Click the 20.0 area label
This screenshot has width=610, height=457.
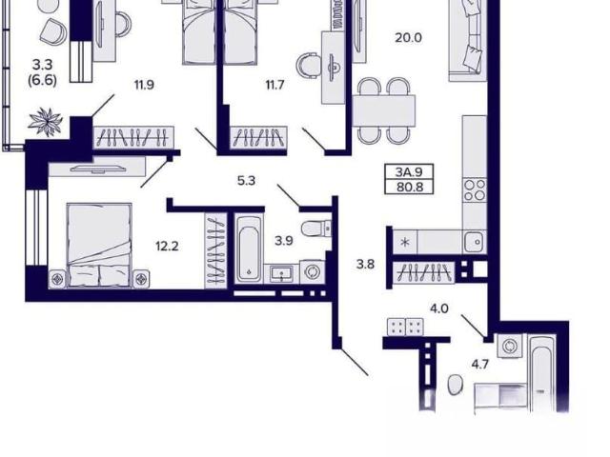tap(408, 38)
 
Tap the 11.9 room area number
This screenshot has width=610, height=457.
tap(144, 85)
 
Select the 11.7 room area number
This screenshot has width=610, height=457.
tap(274, 85)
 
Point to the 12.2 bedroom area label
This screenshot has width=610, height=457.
tap(167, 247)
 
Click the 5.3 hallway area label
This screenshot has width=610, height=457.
tap(246, 181)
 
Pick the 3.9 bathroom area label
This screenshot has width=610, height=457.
tap(284, 241)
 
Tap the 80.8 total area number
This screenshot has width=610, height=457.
tap(409, 188)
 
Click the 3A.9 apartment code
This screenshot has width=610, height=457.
tap(409, 171)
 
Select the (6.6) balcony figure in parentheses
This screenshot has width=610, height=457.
tap(42, 80)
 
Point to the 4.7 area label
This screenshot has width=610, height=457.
tap(479, 365)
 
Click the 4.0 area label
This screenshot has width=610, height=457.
tap(439, 308)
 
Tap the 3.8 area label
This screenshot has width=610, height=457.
tap(365, 265)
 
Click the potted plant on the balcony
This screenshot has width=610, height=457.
tap(46, 122)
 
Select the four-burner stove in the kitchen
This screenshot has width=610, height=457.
tap(475, 190)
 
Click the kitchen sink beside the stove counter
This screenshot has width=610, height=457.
tap(475, 242)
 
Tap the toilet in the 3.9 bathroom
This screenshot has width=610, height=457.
tap(315, 228)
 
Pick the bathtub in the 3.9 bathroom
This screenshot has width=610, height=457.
tap(249, 249)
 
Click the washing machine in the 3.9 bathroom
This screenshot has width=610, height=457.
tap(312, 271)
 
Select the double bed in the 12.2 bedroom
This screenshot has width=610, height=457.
tap(99, 246)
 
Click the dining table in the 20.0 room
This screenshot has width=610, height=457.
tap(383, 110)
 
